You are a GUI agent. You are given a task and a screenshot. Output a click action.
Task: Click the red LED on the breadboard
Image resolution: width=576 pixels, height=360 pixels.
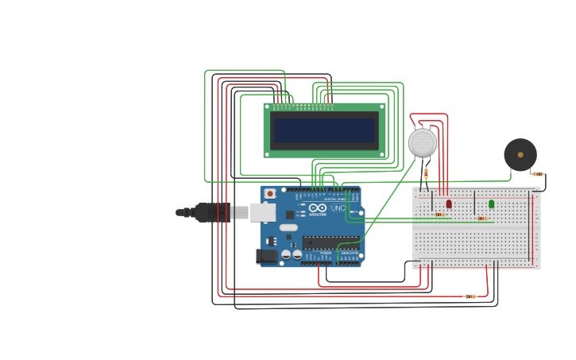click(449, 204)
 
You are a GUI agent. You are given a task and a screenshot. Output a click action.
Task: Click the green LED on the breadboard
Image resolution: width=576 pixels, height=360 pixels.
click(491, 204)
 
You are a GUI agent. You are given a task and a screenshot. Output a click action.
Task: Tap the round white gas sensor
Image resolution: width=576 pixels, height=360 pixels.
click(423, 143)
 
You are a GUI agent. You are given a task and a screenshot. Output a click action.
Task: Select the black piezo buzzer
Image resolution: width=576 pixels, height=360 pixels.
click(520, 154)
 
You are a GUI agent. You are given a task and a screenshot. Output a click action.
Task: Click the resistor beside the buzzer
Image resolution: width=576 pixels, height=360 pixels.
click(538, 174)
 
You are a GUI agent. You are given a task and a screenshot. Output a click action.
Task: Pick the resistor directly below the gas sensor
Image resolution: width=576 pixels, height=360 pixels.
click(426, 173)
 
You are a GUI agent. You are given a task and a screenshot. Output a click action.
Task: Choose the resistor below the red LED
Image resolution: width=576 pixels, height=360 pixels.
click(439, 215)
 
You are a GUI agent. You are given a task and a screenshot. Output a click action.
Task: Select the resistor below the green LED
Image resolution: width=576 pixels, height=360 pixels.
click(482, 219)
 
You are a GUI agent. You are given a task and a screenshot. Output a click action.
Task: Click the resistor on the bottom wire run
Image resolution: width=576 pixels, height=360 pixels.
click(470, 296)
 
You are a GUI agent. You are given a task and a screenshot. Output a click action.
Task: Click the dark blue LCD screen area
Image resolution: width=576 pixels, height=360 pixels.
click(324, 130)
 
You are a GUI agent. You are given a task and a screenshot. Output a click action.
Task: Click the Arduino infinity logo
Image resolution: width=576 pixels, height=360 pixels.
click(318, 207)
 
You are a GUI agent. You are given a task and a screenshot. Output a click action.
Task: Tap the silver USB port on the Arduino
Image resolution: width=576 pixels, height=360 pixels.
click(262, 212)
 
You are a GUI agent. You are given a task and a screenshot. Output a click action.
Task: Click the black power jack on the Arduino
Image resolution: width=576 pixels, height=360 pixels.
click(266, 256)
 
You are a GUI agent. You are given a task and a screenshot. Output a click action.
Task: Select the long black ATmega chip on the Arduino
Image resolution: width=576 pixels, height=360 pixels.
click(330, 243)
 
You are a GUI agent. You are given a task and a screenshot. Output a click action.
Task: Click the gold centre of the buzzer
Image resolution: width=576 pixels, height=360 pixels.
click(520, 154)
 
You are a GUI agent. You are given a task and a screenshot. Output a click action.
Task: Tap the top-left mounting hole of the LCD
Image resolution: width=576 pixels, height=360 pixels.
click(268, 106)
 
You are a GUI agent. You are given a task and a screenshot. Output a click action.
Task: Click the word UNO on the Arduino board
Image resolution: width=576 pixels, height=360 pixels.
click(337, 208)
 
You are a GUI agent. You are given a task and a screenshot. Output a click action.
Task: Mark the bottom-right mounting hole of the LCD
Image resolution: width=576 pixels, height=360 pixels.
click(381, 153)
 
